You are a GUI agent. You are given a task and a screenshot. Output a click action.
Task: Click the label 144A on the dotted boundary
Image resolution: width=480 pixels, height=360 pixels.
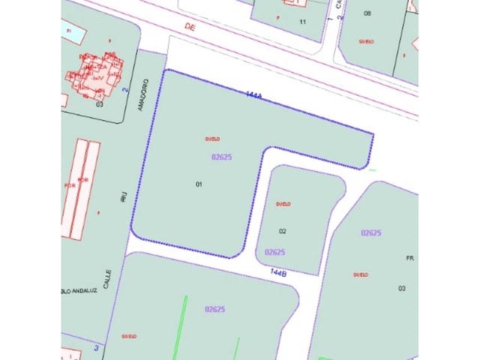click(254, 95)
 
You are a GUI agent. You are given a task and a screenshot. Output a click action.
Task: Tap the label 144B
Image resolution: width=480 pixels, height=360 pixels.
click(278, 274)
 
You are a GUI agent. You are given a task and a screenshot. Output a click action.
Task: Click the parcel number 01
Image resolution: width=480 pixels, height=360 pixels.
click(199, 184)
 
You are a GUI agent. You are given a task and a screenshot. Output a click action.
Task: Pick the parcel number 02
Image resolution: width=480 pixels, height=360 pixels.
click(283, 231)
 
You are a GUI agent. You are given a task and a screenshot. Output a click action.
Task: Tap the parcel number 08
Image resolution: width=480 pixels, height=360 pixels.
click(367, 13)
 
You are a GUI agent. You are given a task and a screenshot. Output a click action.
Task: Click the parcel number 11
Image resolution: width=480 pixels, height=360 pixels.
click(302, 22)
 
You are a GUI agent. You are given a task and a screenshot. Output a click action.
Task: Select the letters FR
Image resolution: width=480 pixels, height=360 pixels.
click(409, 258)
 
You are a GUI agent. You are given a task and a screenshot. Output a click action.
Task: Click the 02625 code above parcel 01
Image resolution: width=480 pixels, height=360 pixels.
click(221, 157)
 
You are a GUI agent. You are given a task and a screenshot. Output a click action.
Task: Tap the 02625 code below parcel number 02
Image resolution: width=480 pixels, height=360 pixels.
click(274, 252)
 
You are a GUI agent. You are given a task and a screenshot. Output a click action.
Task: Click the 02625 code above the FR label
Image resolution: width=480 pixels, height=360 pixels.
click(371, 233)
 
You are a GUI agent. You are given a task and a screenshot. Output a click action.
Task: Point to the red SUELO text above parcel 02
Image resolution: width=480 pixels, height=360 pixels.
click(283, 203)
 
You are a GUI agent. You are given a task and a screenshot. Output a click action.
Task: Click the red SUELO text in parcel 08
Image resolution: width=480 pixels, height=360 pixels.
click(367, 42)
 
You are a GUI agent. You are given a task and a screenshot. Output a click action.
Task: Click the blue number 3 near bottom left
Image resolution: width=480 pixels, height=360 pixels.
click(97, 347)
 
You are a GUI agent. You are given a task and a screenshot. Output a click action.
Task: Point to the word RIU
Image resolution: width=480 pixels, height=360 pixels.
click(123, 197)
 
